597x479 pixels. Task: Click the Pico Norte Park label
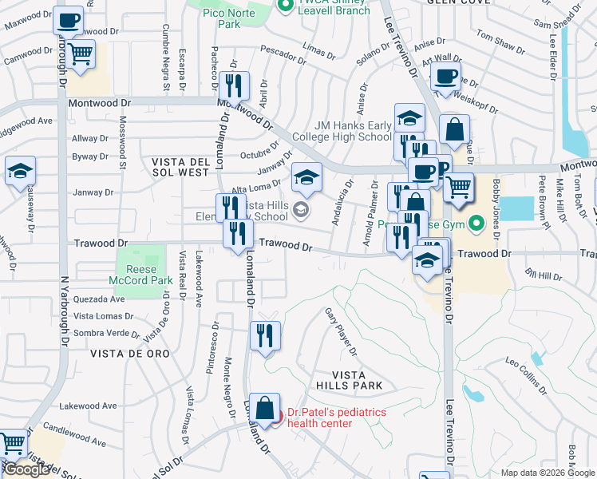[x=229, y=18]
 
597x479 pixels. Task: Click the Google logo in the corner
[x=27, y=469]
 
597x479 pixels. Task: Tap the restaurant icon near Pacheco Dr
[x=234, y=85]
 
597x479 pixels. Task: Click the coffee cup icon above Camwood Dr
[x=69, y=21]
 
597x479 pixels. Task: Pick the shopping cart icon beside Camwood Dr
[x=80, y=54]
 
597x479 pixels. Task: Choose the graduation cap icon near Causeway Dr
[x=20, y=172]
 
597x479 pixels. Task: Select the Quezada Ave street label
[x=100, y=299]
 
